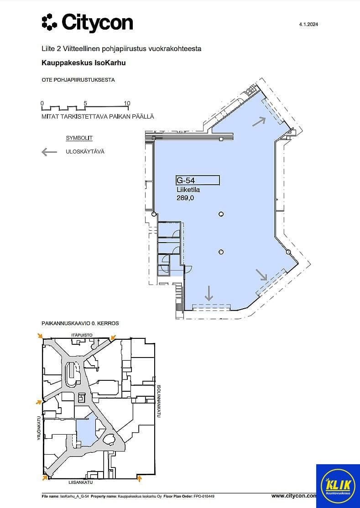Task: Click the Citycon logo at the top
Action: pyautogui.click(x=87, y=23)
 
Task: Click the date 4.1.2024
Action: pyautogui.click(x=308, y=24)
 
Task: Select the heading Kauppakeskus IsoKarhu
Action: pyautogui.click(x=83, y=63)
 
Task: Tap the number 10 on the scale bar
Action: pyautogui.click(x=127, y=104)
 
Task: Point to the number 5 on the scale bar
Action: pyautogui.click(x=85, y=104)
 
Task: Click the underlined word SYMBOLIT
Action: pyautogui.click(x=79, y=138)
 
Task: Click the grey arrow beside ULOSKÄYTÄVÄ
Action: pyautogui.click(x=49, y=151)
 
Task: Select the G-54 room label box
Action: pyautogui.click(x=198, y=180)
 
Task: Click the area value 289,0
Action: pyautogui.click(x=185, y=197)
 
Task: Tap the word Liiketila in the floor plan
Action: pyautogui.click(x=188, y=190)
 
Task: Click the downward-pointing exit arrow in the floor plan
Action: pyautogui.click(x=209, y=293)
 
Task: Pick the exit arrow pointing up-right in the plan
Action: pyautogui.click(x=259, y=121)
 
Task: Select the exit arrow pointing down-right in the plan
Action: pyautogui.click(x=261, y=275)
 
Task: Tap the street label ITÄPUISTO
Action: pyautogui.click(x=82, y=335)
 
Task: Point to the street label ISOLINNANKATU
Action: pyautogui.click(x=159, y=401)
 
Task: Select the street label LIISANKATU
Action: pyautogui.click(x=81, y=482)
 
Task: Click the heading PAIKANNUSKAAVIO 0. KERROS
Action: pyautogui.click(x=80, y=323)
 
